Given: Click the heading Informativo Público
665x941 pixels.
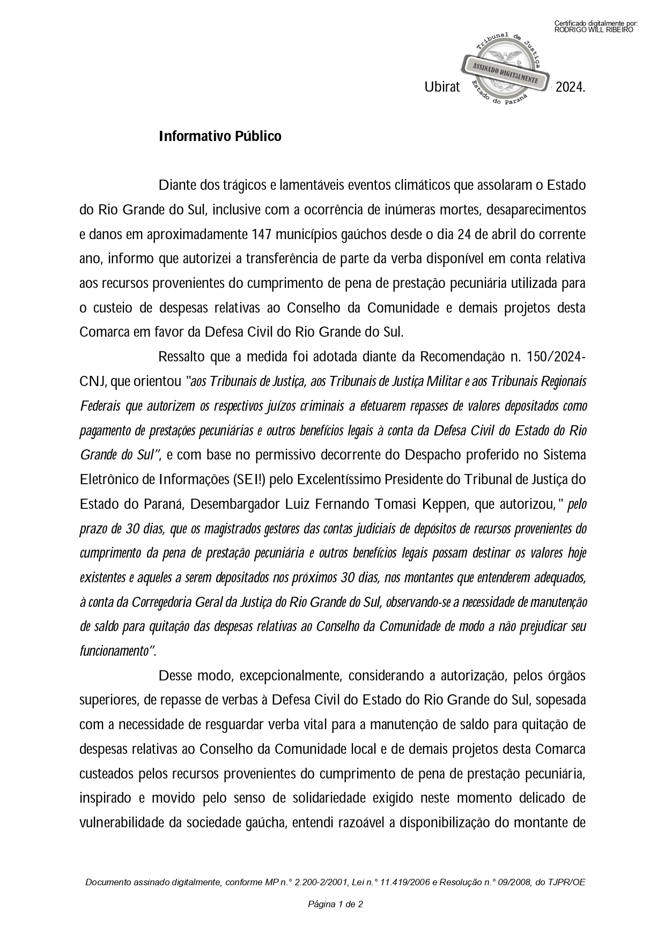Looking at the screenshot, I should pos(220,136).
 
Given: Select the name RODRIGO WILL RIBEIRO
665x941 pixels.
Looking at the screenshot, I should pos(594,30).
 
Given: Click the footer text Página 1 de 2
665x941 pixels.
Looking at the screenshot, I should pos(335,905).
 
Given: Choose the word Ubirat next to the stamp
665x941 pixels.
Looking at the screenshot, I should pos(442,87).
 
